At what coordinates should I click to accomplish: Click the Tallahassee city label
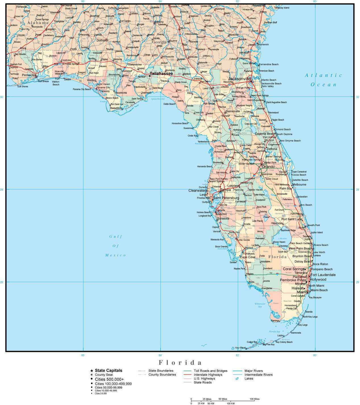161,74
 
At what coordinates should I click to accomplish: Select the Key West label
240,348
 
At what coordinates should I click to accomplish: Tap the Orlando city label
268,167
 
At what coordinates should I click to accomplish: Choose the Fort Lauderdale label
323,275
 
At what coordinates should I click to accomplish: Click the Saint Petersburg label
226,198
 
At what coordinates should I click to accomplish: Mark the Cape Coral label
248,257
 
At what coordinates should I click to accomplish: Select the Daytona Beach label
265,134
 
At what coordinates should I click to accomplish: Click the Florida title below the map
180,362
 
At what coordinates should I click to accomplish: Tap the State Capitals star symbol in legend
91,371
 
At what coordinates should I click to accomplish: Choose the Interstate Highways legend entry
208,375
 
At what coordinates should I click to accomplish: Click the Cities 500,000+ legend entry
109,379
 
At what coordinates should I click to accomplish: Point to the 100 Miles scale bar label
255,399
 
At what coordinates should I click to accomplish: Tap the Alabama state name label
38,22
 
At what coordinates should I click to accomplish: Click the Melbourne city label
299,184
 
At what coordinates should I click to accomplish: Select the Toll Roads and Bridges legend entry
211,371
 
